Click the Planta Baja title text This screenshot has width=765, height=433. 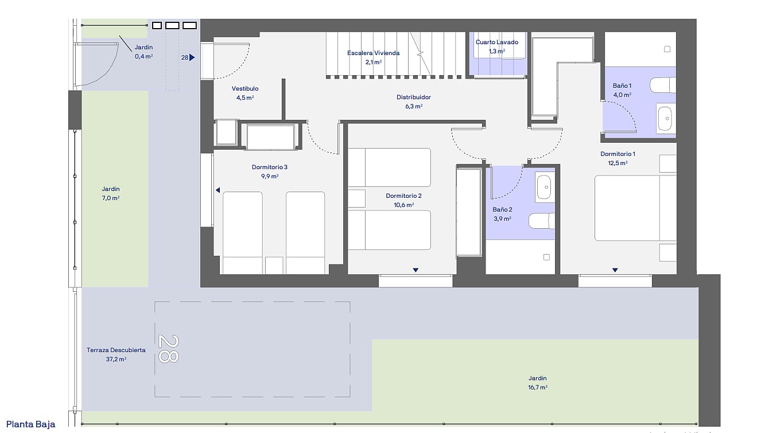tap(31, 424)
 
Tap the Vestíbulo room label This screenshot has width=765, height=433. tap(245, 88)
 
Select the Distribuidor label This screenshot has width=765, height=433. tap(414, 97)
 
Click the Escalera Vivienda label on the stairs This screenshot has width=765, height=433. tap(373, 53)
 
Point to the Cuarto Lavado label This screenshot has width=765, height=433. tap(497, 42)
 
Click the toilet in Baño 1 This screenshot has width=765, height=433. tap(662, 85)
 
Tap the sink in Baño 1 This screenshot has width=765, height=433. tap(665, 119)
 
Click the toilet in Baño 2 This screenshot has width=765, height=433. tap(542, 221)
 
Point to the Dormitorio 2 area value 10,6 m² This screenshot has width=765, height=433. tap(403, 205)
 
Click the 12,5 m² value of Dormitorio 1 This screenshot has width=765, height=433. tap(618, 163)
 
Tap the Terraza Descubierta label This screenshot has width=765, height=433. tap(116, 350)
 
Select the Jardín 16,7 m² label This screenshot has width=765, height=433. tap(538, 383)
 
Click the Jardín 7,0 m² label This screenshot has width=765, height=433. tap(111, 193)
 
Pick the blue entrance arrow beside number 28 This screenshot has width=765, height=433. tap(192, 57)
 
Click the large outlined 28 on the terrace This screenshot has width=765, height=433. tap(168, 348)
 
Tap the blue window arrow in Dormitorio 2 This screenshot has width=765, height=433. tap(415, 270)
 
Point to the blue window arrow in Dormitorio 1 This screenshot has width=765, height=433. tap(615, 270)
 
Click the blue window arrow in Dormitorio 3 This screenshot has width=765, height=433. tap(218, 190)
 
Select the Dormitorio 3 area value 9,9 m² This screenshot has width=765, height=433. tap(270, 176)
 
